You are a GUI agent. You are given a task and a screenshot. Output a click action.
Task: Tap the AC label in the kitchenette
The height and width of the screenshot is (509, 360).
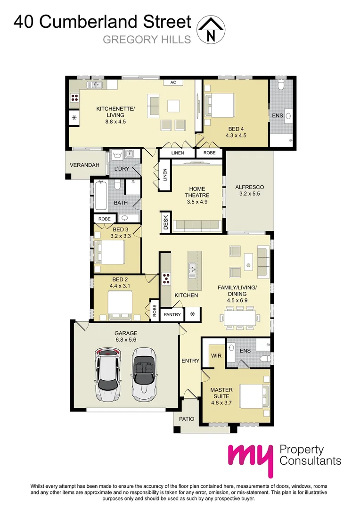(x=173, y=82)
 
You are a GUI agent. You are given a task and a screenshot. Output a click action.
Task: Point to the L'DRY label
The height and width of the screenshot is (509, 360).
(x=119, y=169)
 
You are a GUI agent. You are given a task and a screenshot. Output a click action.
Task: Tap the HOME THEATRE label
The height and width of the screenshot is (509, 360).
(x=197, y=192)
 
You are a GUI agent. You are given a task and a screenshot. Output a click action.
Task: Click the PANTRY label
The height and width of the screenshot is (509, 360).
(x=172, y=314)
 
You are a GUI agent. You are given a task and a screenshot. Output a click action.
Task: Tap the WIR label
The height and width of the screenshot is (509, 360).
(x=216, y=355)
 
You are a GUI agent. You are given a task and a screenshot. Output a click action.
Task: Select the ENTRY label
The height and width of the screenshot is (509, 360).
(x=190, y=361)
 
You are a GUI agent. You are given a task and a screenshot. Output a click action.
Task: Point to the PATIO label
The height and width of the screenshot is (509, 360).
(x=186, y=418)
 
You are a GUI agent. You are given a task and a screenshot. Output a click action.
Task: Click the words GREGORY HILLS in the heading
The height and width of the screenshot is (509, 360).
(x=147, y=40)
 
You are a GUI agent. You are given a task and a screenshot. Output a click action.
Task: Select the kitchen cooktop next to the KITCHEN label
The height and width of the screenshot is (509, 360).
(x=166, y=279)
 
